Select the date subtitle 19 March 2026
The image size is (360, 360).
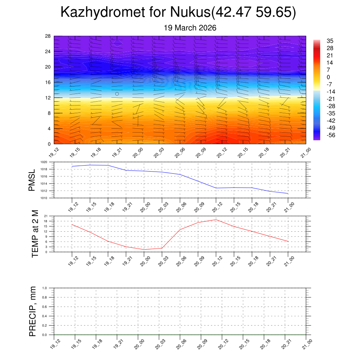tap(190, 28)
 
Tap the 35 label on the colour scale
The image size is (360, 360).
tap(330, 41)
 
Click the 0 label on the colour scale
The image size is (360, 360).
tap(328, 77)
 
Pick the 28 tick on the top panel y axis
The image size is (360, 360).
tap(48, 36)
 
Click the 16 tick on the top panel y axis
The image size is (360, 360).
tap(48, 82)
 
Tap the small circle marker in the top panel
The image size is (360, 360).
tap(117, 94)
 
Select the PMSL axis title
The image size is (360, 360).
tap(32, 180)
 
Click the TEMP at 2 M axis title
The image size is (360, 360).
tap(35, 234)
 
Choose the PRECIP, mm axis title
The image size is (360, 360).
tap(33, 311)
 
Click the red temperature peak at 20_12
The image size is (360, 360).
tap(216, 220)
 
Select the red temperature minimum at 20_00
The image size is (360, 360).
tap(144, 250)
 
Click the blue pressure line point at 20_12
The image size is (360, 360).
tap(216, 188)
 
